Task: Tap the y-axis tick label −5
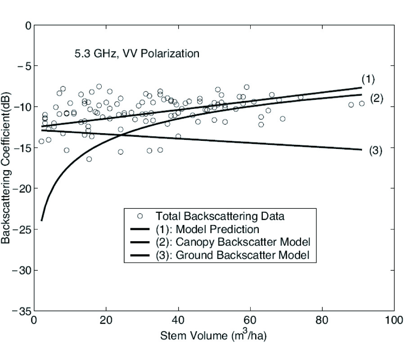point(22,66)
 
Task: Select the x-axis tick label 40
point(178,321)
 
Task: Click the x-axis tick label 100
point(394,321)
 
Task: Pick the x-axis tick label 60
point(250,321)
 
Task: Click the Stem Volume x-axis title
point(214,336)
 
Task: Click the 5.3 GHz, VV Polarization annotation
point(136,54)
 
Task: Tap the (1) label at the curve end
point(368,80)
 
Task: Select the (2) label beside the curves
point(376,99)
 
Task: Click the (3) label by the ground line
point(375,151)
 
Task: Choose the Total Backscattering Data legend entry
point(220,216)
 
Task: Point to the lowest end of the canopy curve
point(41,220)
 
